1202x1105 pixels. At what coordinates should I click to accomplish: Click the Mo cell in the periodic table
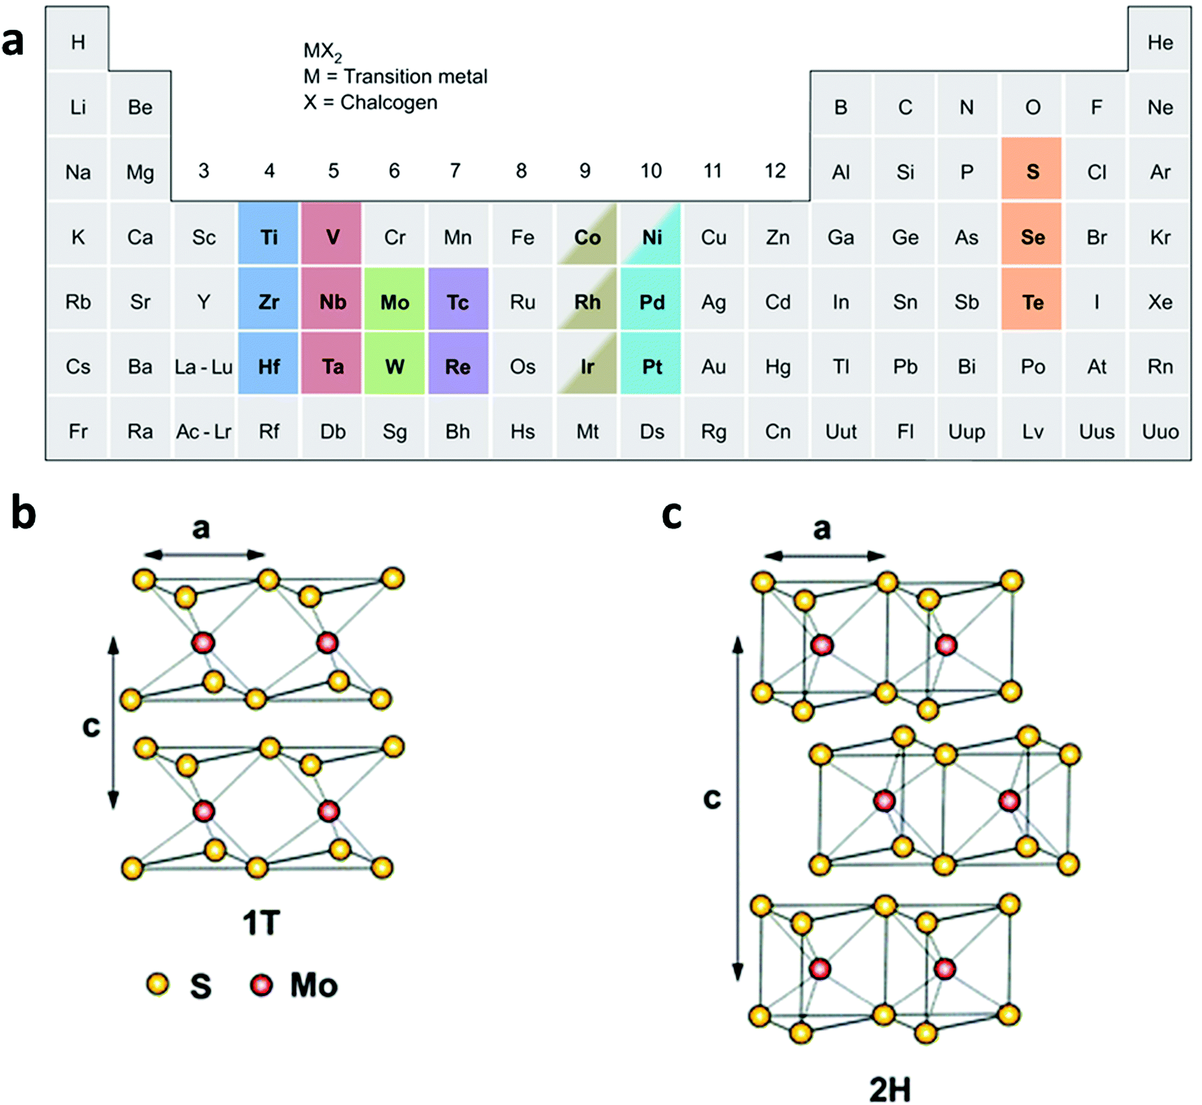point(394,302)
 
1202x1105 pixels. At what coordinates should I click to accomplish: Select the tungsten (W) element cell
point(394,366)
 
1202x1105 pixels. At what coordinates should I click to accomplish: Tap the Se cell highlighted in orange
point(1032,237)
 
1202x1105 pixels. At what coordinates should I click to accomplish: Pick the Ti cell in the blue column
point(269,237)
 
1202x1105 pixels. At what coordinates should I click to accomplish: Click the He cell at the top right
point(1159,42)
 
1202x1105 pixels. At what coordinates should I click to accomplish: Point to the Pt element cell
point(651,366)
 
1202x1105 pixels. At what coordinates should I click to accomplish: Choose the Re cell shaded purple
point(457,366)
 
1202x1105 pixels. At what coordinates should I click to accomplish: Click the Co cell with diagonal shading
point(587,237)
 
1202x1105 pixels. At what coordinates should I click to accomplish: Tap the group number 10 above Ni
point(650,171)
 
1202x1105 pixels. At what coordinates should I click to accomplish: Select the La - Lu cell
point(204,366)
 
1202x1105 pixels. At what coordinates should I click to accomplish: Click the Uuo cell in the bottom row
point(1159,431)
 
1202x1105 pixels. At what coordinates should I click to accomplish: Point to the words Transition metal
point(415,77)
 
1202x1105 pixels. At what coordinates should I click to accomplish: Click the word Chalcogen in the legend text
point(388,103)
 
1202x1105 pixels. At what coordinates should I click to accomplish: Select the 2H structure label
point(889,1089)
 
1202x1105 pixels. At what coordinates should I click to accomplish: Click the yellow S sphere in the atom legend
point(157,984)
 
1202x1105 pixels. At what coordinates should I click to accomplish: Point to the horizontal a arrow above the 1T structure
point(204,554)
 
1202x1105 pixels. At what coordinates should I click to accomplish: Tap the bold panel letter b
point(24,512)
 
